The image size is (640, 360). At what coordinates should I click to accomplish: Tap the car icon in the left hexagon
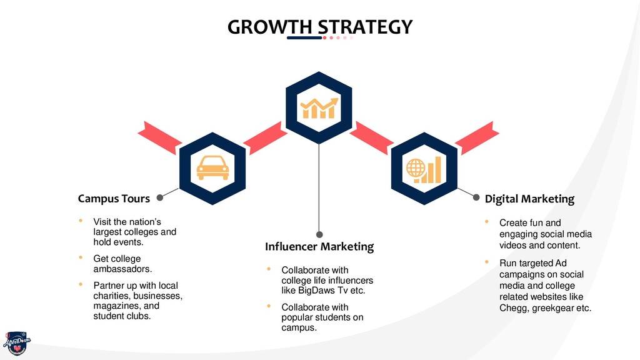(212, 168)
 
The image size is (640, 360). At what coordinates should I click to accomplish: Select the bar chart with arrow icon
(319, 107)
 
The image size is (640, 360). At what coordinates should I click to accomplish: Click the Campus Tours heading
(114, 199)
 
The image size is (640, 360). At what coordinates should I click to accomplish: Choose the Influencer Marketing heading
(319, 247)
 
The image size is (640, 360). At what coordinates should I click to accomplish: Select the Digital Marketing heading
(529, 199)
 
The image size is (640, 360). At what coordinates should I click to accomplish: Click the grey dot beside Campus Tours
(160, 198)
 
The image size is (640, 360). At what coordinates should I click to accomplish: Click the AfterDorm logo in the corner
(16, 342)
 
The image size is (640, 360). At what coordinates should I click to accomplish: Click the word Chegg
(513, 308)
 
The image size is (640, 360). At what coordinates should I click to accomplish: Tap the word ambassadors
(122, 269)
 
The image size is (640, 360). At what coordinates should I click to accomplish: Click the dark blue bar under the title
(304, 38)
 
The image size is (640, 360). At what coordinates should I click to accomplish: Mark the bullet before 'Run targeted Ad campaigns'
(487, 262)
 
